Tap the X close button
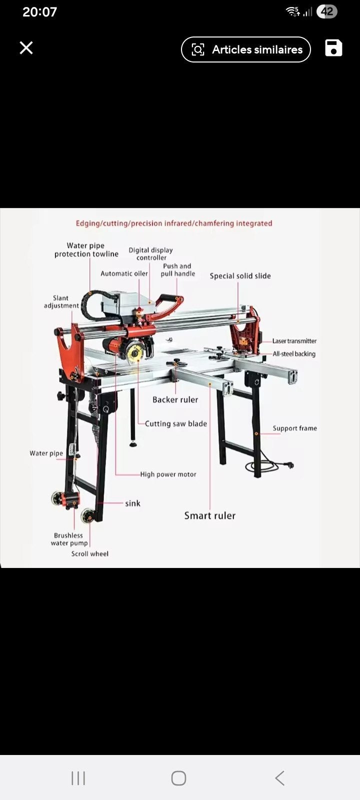point(26,47)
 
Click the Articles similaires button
point(245,49)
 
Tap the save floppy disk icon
point(333,48)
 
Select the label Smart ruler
point(210,515)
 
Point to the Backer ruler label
point(175,399)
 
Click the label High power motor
point(168,474)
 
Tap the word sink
point(132,503)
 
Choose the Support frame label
point(294,428)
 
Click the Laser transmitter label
point(294,341)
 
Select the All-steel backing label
point(294,354)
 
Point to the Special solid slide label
point(240,275)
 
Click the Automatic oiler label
point(124,273)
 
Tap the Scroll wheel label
point(89,553)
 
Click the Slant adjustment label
point(61,302)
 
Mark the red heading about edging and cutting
point(174,223)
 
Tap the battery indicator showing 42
point(327,12)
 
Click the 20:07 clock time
point(39,12)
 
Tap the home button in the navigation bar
point(178,778)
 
